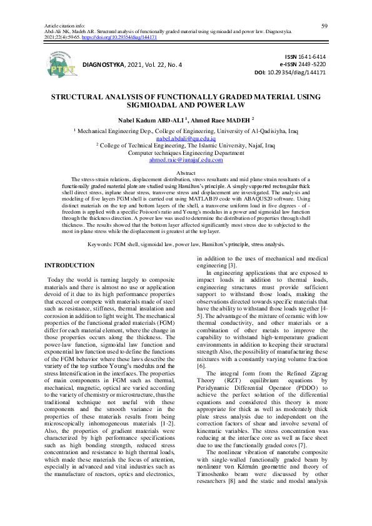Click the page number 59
(324, 25)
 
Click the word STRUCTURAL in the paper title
(83, 99)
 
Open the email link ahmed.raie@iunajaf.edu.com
(186, 161)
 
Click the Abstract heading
(186, 172)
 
